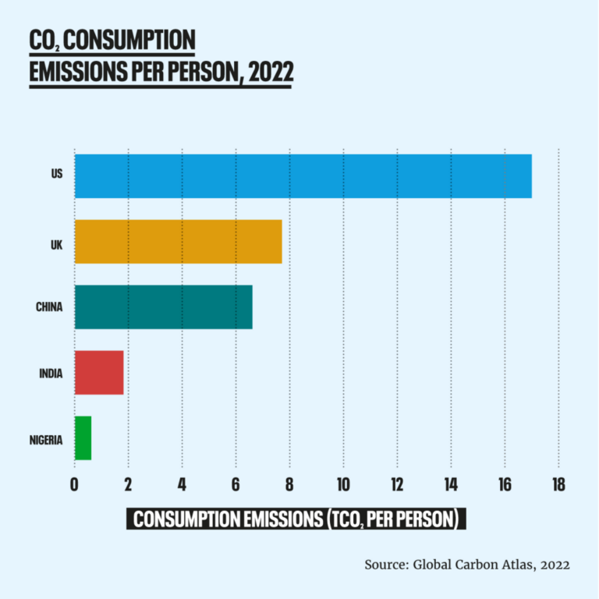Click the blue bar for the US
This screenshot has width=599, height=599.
coord(303,175)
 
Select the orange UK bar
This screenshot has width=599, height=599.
coord(178,241)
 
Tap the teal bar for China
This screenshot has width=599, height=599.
coord(163,307)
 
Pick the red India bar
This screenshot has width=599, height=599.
coord(98,372)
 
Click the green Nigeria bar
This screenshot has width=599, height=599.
coord(83,438)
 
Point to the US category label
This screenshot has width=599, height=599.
coord(56,175)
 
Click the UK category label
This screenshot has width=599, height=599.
coord(56,241)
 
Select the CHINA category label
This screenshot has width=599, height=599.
coord(49,307)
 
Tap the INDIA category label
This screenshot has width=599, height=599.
coord(51,372)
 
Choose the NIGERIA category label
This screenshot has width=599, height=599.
coord(45,438)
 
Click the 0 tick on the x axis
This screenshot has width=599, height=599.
coord(74,484)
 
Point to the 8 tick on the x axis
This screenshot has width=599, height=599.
coord(289,484)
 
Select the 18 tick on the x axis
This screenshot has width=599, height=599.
coord(558,484)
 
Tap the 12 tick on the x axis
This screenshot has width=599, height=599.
coord(397,484)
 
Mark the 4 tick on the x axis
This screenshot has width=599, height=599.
coord(182,484)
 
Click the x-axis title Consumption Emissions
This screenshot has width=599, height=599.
coord(296,519)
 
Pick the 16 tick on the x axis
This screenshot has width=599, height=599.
coord(505,484)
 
